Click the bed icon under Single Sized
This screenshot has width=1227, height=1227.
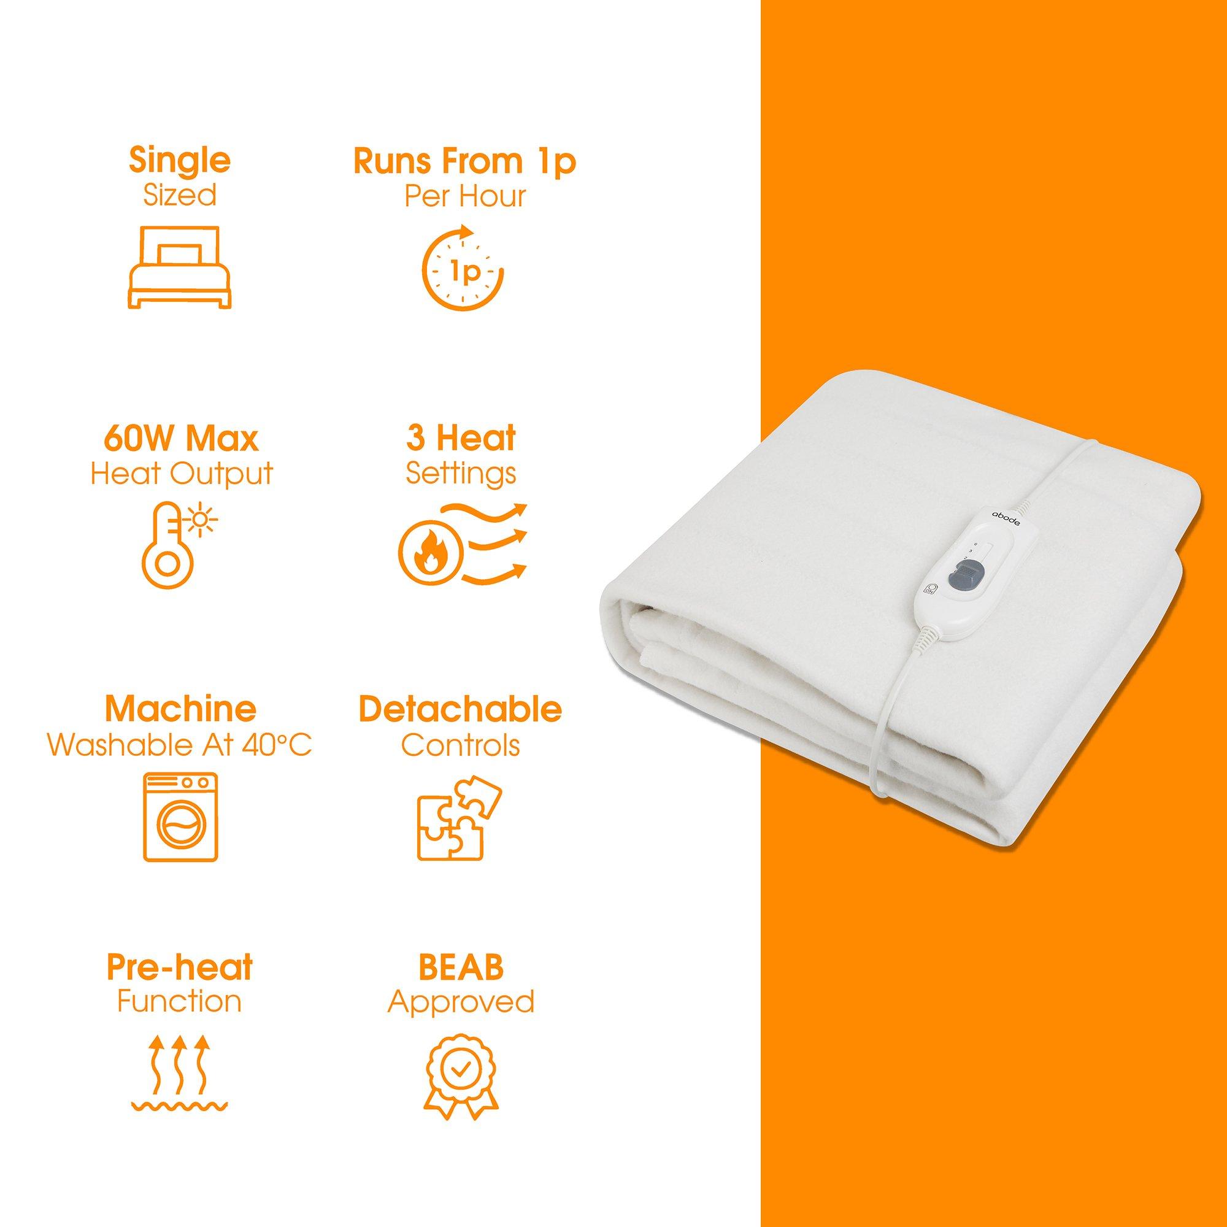pyautogui.click(x=180, y=267)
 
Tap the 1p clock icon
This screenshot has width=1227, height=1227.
pyautogui.click(x=463, y=274)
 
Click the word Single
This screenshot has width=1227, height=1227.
pyautogui.click(x=180, y=161)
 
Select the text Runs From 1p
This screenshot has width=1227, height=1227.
pyautogui.click(x=464, y=161)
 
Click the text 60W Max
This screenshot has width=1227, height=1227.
pyautogui.click(x=182, y=438)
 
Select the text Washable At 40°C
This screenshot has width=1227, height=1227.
pyautogui.click(x=180, y=746)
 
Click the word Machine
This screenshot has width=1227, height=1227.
pyautogui.click(x=180, y=709)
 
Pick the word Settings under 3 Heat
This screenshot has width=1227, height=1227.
pyautogui.click(x=461, y=474)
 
